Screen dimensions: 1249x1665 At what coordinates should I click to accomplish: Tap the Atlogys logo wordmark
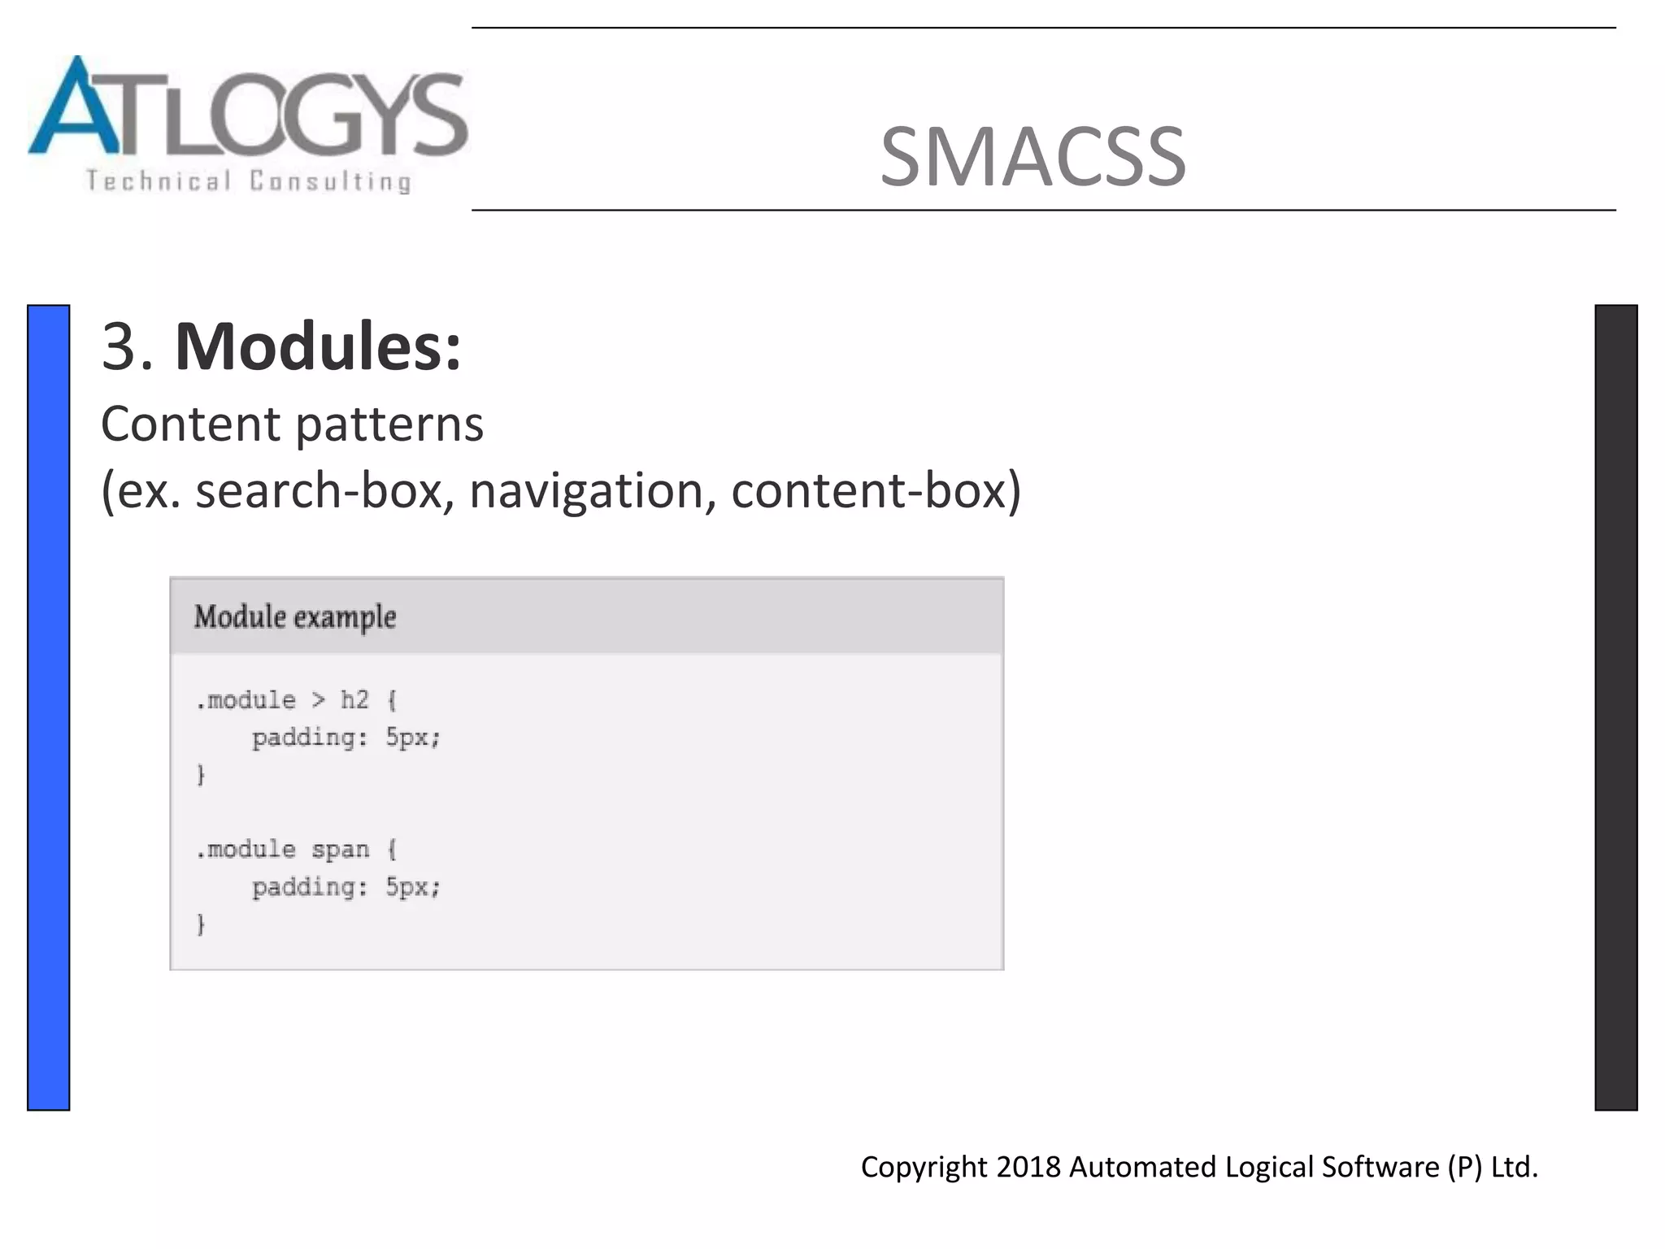point(247,110)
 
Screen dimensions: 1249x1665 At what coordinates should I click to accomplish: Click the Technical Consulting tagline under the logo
point(249,181)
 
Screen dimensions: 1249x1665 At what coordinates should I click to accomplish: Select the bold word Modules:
point(318,347)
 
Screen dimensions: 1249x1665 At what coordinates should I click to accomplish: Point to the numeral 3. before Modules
point(127,347)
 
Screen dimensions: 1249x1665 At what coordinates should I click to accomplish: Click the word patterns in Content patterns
point(389,424)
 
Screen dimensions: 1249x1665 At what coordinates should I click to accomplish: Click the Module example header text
point(295,617)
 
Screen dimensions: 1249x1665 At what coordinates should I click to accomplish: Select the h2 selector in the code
point(354,700)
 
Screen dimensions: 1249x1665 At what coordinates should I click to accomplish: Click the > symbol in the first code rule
point(319,700)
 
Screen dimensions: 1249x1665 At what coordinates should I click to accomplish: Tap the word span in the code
point(340,850)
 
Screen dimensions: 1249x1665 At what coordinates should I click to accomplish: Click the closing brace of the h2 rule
point(201,775)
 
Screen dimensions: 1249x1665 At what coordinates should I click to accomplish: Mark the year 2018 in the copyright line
point(1028,1167)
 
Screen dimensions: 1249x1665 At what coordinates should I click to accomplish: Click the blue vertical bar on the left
point(49,707)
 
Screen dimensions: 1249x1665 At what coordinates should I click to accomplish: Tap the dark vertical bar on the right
point(1615,707)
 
